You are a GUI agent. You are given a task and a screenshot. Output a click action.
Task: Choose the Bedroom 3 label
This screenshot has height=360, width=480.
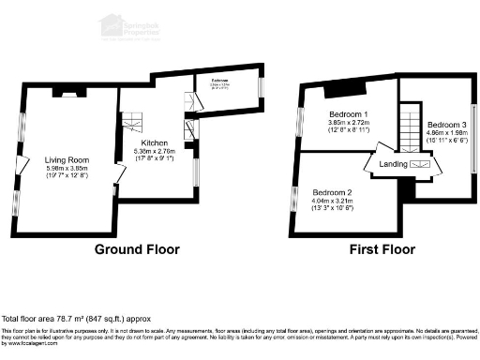[445, 126]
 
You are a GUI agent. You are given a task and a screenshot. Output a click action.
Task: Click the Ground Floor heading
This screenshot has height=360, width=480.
[136, 250]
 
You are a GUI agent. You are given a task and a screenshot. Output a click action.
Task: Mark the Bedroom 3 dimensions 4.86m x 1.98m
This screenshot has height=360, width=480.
[445, 135]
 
